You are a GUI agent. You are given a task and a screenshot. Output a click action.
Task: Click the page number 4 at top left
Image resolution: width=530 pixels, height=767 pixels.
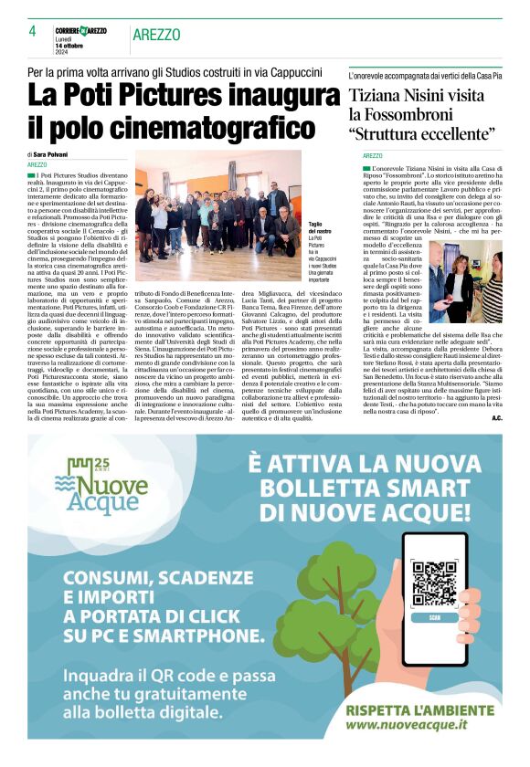pos(32,32)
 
